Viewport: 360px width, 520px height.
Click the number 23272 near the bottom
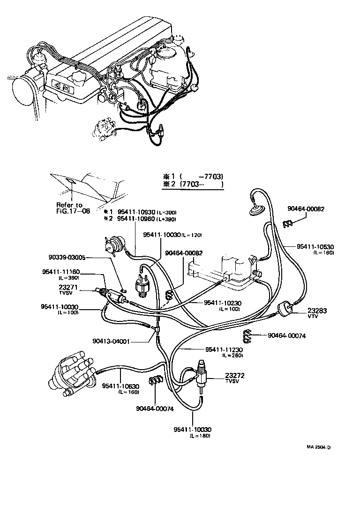coord(235,375)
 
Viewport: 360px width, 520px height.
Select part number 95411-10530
coord(315,246)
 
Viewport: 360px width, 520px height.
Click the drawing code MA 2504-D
coord(319,447)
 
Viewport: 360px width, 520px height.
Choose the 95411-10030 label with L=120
coord(162,235)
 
